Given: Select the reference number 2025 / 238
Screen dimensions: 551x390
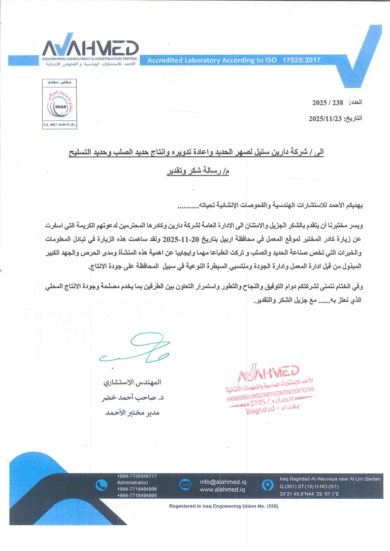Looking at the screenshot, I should pyautogui.click(x=328, y=103).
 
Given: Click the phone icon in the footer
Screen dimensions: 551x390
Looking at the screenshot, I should pyautogui.click(x=102, y=486).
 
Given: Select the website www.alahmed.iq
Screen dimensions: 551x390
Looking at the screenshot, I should pyautogui.click(x=222, y=490).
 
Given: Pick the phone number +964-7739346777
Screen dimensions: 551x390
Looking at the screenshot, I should pyautogui.click(x=137, y=476).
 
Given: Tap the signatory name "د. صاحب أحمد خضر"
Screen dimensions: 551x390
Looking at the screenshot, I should pyautogui.click(x=131, y=398).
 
